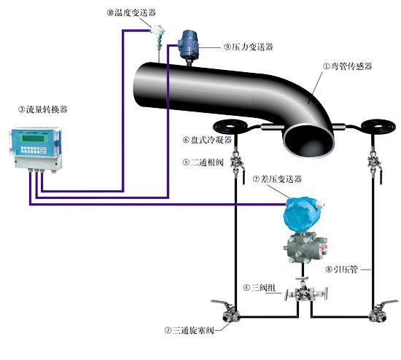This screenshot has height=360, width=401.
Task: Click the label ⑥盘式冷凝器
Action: pyautogui.click(x=206, y=139)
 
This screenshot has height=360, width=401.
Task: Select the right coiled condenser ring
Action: pyautogui.click(x=380, y=128)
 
